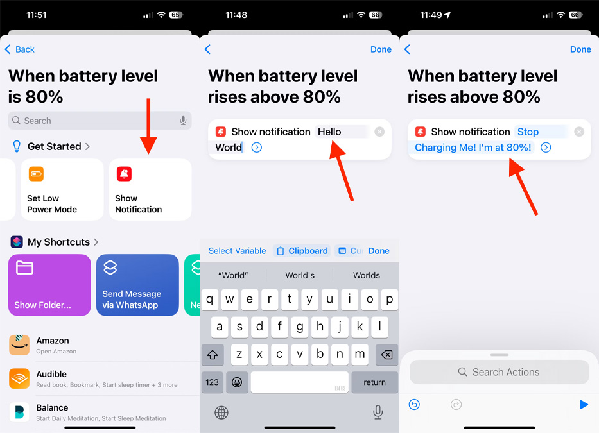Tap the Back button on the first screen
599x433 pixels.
click(19, 49)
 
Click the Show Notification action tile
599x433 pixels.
click(150, 189)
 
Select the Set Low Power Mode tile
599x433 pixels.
click(62, 189)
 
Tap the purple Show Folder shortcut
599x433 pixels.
click(49, 285)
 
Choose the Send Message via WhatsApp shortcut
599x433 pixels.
click(137, 285)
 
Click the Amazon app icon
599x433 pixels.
click(19, 345)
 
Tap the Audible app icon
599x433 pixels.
click(19, 378)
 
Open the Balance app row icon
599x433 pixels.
click(19, 412)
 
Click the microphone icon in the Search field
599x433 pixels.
click(184, 121)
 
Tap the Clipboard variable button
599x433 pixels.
click(302, 251)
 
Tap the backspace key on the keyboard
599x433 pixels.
click(386, 355)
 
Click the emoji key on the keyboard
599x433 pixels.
click(237, 382)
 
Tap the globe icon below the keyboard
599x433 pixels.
click(221, 412)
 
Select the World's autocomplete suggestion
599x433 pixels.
click(300, 275)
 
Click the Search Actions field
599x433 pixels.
click(499, 372)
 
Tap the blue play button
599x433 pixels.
click(584, 404)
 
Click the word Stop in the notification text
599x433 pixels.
click(528, 132)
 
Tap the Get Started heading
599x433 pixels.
click(54, 147)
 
